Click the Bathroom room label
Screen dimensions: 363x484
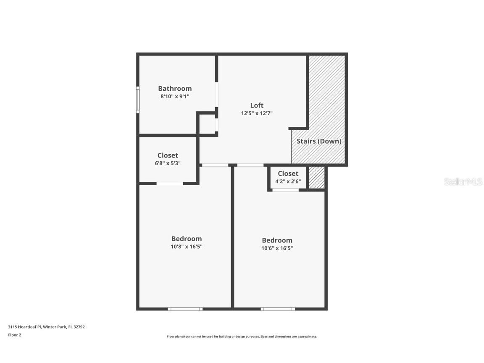(175, 89)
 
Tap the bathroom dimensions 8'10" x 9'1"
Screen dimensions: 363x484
(175, 96)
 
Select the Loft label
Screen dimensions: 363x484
(257, 105)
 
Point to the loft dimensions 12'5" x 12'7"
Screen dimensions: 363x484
(257, 113)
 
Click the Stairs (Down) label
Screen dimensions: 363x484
(319, 141)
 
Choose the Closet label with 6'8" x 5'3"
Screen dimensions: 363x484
(168, 155)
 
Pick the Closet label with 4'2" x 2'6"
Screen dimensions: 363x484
(288, 174)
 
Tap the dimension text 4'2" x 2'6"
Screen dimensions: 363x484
(288, 181)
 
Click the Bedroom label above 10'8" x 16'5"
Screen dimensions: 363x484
(186, 239)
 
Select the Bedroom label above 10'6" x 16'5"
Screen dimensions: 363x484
(277, 240)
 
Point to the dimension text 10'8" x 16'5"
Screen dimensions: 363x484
(186, 247)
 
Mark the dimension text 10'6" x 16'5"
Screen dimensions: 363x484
(277, 248)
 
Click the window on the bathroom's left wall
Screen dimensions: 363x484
(138, 100)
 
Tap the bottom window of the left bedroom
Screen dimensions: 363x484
(185, 309)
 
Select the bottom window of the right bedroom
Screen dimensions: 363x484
(278, 309)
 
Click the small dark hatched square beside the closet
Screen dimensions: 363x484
(317, 178)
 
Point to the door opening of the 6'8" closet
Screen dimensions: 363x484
(170, 183)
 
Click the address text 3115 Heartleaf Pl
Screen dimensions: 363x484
(46, 327)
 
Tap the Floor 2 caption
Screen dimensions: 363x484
(14, 335)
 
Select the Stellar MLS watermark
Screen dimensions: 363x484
(463, 182)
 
